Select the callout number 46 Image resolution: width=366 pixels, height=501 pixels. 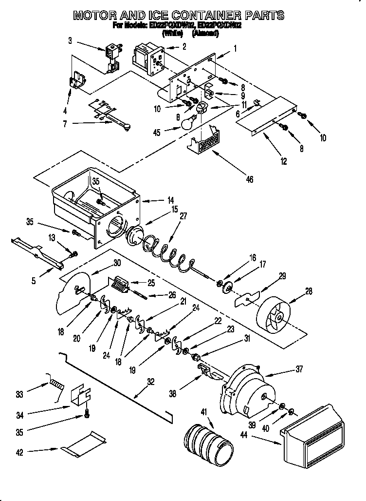[x=249, y=180]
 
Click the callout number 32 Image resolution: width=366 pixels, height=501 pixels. [x=150, y=382]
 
